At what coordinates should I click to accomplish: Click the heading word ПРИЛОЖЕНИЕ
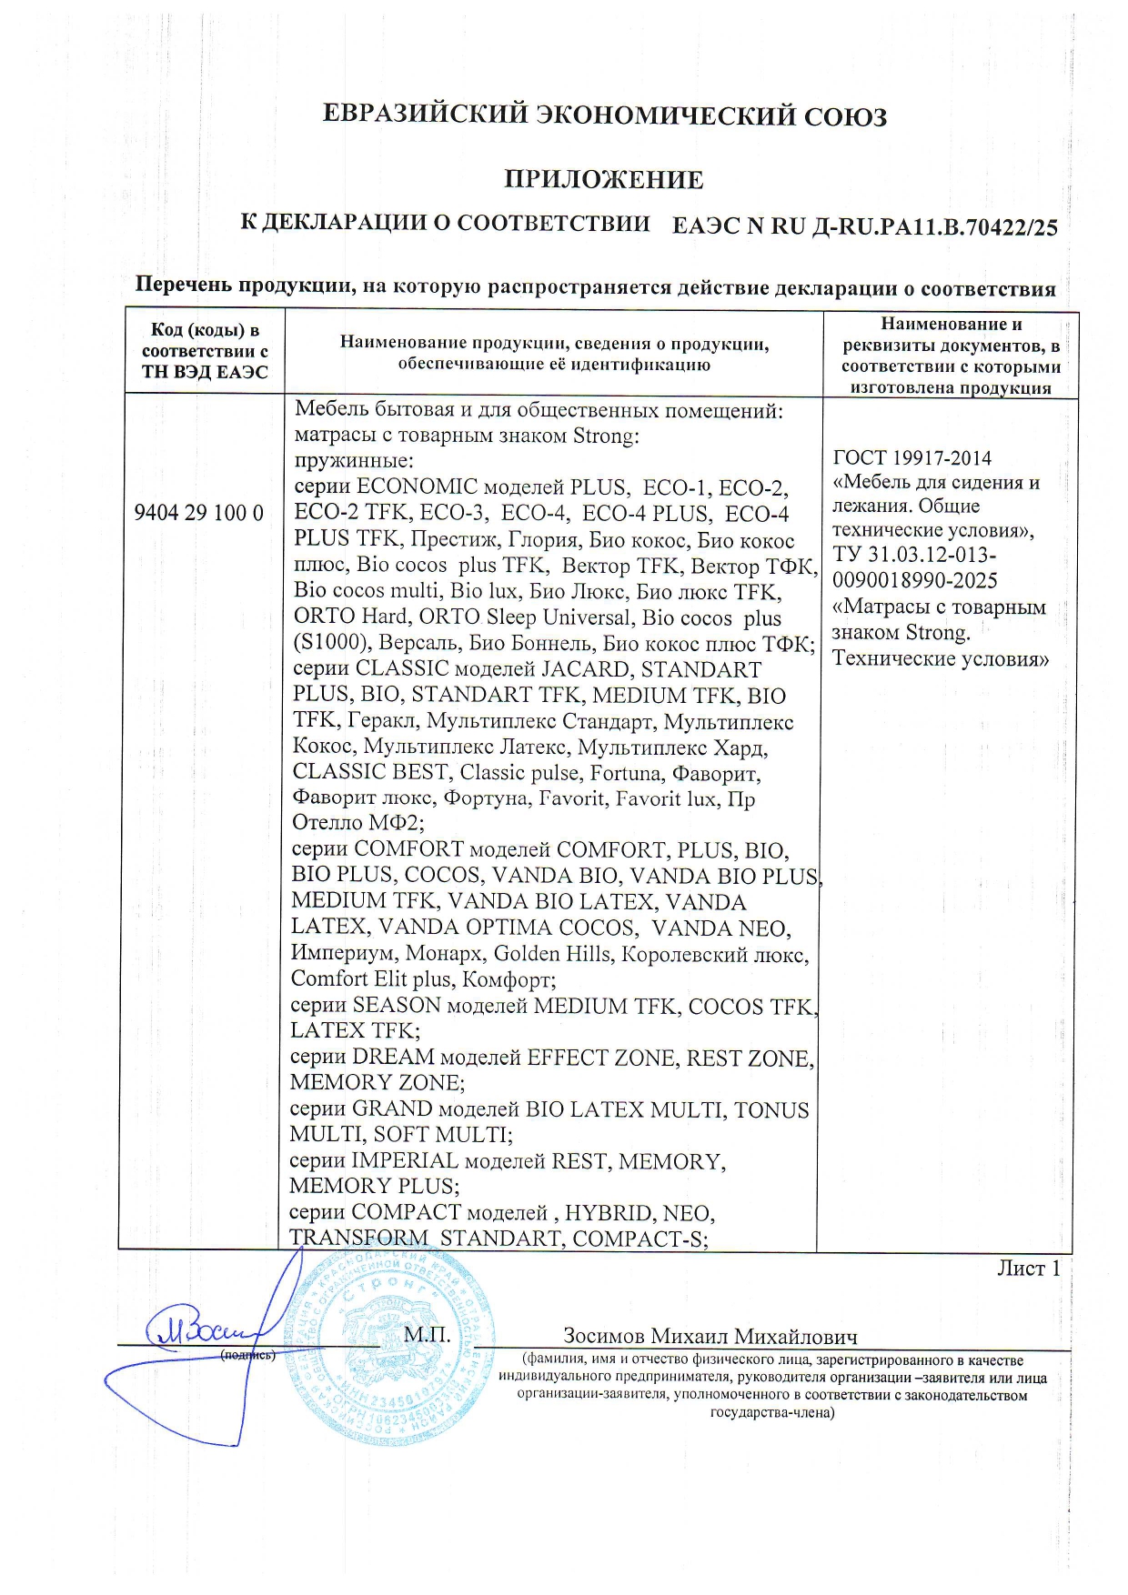[x=603, y=179]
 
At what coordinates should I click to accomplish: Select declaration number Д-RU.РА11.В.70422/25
[x=933, y=226]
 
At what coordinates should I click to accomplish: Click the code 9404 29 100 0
[x=198, y=513]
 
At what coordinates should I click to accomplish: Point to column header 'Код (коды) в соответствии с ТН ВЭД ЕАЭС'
[x=205, y=351]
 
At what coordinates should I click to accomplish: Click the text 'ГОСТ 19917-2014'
[x=911, y=458]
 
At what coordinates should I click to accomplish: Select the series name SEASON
[x=396, y=1006]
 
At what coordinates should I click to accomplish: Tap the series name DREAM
[x=393, y=1058]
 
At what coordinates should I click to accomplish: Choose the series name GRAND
[x=391, y=1109]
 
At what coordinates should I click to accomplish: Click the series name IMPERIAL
[x=404, y=1161]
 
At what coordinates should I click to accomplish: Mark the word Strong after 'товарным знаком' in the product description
[x=605, y=436]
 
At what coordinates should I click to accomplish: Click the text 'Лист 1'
[x=1028, y=1269]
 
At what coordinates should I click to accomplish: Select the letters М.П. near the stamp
[x=427, y=1335]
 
